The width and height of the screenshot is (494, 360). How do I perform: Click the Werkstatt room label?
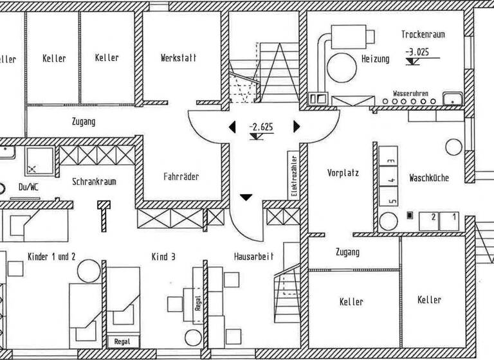[x=178, y=58]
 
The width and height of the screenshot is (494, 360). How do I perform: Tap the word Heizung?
[x=375, y=59]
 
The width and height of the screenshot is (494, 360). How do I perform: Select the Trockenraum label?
[x=423, y=35]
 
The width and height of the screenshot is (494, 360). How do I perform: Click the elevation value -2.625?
[x=261, y=127]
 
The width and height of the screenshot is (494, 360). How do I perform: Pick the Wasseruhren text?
[x=410, y=93]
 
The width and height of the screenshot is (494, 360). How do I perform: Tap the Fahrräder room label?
[x=181, y=176]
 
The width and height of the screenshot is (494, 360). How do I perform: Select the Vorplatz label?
[x=343, y=173]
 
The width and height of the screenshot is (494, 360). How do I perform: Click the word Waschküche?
[x=429, y=178]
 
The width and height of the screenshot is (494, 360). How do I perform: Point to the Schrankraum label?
[x=94, y=182]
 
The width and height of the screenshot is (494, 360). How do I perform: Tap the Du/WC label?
[x=29, y=188]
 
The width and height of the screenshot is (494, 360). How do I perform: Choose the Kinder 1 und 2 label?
[x=51, y=256]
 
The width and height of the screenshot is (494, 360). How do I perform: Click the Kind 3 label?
[x=163, y=256]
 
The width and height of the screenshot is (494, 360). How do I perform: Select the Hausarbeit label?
[x=253, y=256]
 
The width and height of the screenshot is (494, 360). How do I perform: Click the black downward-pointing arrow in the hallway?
[x=246, y=197]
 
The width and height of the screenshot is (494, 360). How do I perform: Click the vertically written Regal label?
[x=197, y=302]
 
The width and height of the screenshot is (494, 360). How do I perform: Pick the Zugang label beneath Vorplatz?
[x=347, y=253]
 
